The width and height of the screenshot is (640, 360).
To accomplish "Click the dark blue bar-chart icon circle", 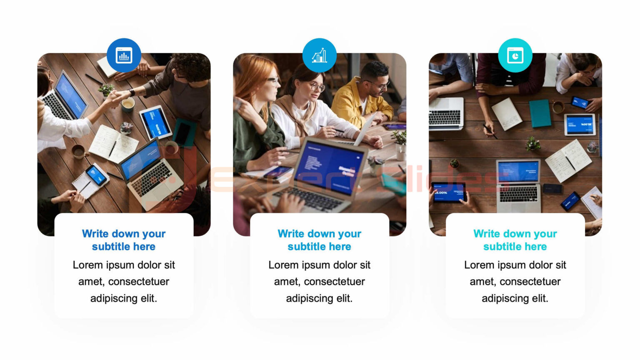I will point(124,55).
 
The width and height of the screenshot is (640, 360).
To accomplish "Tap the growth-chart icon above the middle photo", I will point(319,55).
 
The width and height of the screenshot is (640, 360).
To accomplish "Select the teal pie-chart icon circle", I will point(515,55).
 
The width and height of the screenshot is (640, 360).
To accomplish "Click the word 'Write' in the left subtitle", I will point(95,234).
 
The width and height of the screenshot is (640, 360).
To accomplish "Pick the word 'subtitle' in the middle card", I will point(307,247).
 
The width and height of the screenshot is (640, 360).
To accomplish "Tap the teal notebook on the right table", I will point(540,113).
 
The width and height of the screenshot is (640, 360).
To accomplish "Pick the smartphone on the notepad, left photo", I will point(96,175).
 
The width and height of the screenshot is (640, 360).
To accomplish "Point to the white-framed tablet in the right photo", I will point(580,125).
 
